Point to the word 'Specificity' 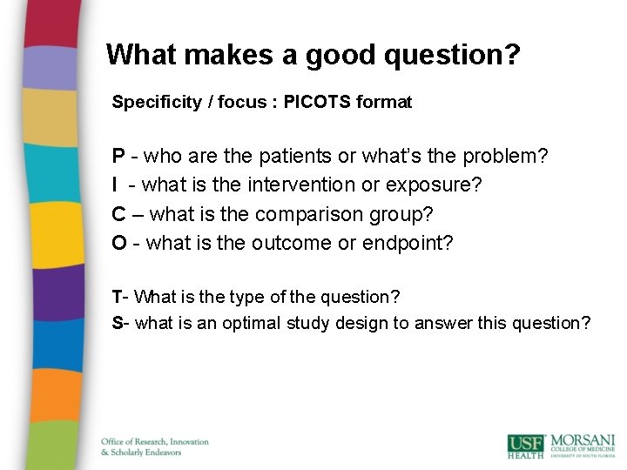(x=151, y=102)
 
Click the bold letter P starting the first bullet (x=118, y=157)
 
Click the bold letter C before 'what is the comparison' (x=118, y=214)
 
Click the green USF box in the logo (x=526, y=446)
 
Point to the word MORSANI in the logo (x=583, y=440)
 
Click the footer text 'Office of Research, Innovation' (x=155, y=441)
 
